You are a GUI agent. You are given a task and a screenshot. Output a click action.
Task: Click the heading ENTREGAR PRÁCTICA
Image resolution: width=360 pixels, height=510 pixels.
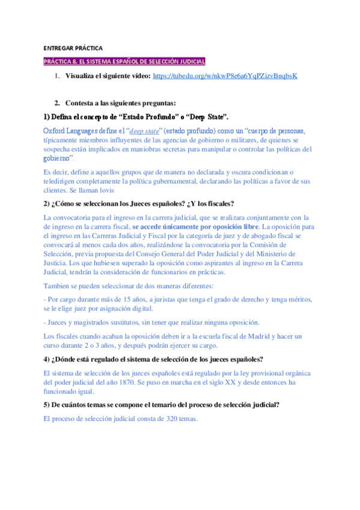coord(73,48)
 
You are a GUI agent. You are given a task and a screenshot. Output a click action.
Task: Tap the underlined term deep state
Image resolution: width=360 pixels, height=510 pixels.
coord(145,131)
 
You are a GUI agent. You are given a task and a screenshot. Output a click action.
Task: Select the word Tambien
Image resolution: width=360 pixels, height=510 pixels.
coord(58,286)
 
